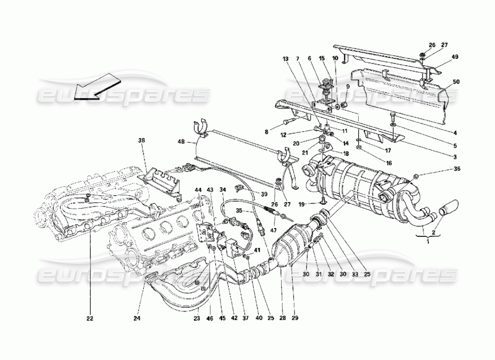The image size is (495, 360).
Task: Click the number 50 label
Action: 455,82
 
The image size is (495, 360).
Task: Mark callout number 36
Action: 457,169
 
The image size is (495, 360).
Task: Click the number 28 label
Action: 282,318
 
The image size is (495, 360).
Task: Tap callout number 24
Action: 137,318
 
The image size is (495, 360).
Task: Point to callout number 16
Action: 388,163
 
